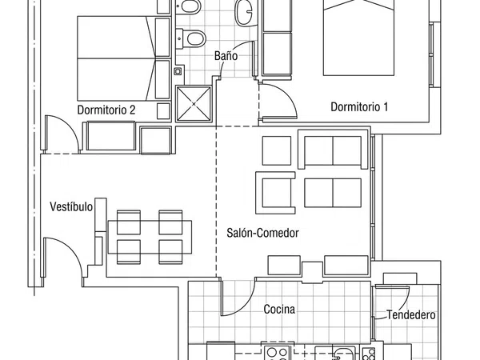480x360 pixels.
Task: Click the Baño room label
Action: [x=226, y=56]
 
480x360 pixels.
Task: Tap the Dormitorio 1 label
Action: [x=359, y=107]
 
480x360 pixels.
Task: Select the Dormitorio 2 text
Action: [x=106, y=110]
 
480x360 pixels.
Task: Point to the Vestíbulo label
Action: [x=71, y=206]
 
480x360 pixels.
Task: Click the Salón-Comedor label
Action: [x=262, y=233]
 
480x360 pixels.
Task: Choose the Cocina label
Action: [x=279, y=309]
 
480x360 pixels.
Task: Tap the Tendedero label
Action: [x=411, y=314]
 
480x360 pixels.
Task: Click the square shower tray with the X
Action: [x=194, y=104]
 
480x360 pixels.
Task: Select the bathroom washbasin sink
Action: [x=244, y=12]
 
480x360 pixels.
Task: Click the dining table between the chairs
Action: [x=150, y=237]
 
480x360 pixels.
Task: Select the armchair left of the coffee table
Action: [x=275, y=193]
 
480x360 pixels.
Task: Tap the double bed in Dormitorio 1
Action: [x=358, y=38]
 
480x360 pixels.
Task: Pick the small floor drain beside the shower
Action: [x=178, y=71]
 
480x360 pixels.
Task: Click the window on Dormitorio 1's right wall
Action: [x=432, y=54]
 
